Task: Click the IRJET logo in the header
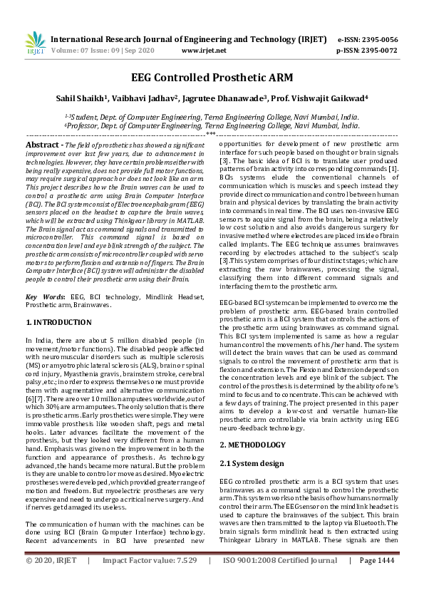coord(33,45)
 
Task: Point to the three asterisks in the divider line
coord(211,133)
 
